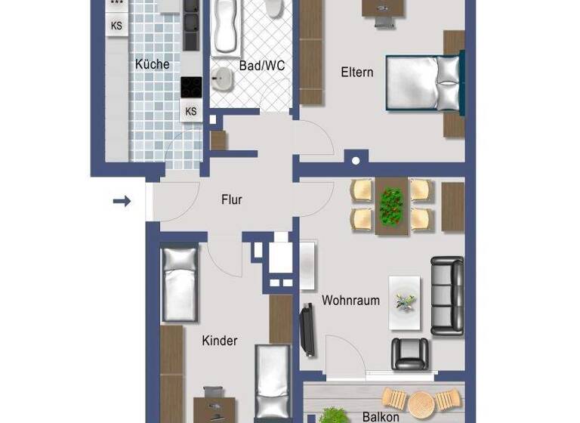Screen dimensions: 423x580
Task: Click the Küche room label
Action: [x=153, y=64]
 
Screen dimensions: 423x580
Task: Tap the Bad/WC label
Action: [x=261, y=66]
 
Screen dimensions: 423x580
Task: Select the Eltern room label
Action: [x=356, y=73]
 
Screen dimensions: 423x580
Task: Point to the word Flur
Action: [x=231, y=200]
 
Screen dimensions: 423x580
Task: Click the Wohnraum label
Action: [x=350, y=300]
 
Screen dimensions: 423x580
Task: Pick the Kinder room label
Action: [x=219, y=341]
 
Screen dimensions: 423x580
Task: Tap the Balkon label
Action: [x=381, y=416]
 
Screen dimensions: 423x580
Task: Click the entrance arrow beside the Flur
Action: [x=122, y=201]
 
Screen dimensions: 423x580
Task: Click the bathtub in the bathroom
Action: [x=226, y=27]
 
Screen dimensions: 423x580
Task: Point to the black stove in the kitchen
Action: [x=191, y=88]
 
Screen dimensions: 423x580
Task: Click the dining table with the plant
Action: [x=391, y=205]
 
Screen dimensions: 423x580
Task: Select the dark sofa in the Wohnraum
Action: [x=447, y=295]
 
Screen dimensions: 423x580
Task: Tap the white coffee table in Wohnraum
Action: [x=404, y=301]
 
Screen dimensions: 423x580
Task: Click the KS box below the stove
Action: [x=191, y=112]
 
